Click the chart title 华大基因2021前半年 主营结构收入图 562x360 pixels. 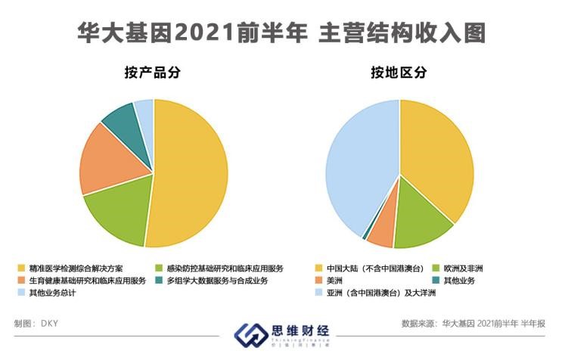281,33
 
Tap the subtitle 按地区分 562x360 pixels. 399,73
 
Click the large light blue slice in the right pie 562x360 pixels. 356,166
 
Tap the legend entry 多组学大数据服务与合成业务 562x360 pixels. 216,281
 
